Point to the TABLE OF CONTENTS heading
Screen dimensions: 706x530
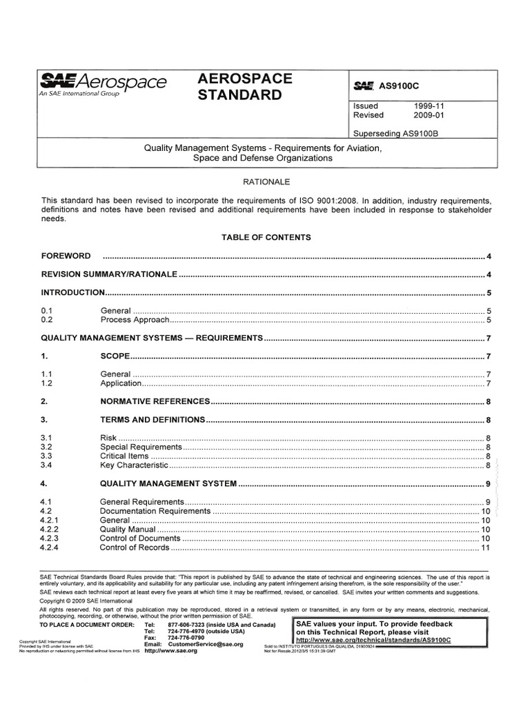pyautogui.click(x=266, y=237)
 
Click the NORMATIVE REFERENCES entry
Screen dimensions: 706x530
pyautogui.click(x=155, y=401)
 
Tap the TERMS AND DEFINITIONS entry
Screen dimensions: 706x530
pyautogui.click(x=153, y=419)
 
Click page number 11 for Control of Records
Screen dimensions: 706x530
pyautogui.click(x=485, y=548)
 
